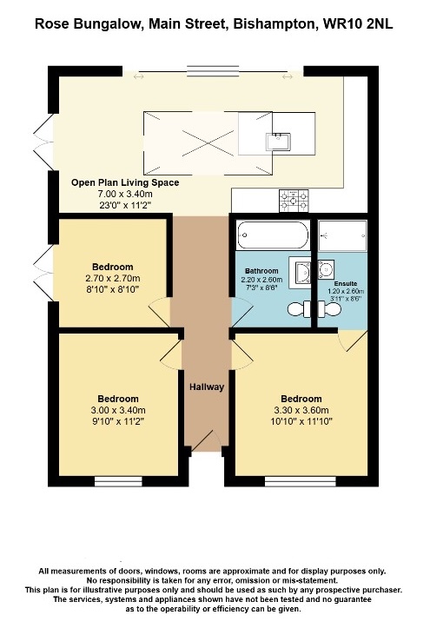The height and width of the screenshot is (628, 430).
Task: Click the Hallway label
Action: tap(207, 387)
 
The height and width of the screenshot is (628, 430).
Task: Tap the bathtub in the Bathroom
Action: tap(273, 235)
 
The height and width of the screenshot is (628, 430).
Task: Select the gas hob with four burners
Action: tap(294, 201)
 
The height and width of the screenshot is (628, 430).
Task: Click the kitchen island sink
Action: tap(278, 142)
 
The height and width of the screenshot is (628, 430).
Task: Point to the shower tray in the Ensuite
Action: tap(343, 236)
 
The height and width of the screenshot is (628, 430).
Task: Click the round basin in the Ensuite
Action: tap(325, 269)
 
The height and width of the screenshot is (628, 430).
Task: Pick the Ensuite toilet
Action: tap(329, 309)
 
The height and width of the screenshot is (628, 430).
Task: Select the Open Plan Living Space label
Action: tap(125, 182)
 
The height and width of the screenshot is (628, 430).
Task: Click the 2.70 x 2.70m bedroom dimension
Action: tap(113, 278)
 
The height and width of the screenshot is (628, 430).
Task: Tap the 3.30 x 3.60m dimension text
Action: tap(301, 410)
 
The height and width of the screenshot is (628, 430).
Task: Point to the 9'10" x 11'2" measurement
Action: tap(118, 421)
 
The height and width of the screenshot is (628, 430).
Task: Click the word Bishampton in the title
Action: tap(274, 24)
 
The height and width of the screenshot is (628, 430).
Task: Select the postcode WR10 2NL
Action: tap(358, 23)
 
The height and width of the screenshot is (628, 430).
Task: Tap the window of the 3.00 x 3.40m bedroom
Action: tap(118, 481)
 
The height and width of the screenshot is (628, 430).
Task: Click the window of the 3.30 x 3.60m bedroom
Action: tap(301, 481)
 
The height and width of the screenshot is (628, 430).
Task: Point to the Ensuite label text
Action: tap(346, 283)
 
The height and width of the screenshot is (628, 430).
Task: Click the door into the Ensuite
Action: tap(353, 340)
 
